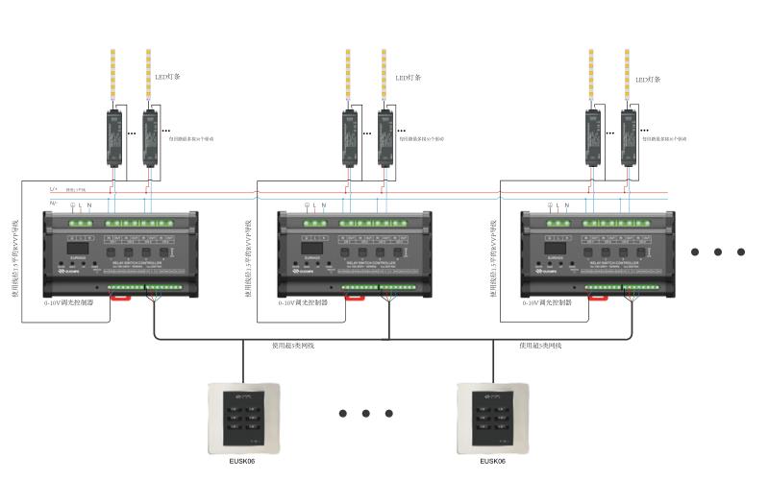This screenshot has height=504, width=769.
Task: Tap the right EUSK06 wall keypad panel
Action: [492, 420]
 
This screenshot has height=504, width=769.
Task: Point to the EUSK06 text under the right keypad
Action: [492, 462]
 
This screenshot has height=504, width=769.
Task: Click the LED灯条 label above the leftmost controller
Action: [168, 76]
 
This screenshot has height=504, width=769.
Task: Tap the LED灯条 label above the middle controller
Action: [408, 77]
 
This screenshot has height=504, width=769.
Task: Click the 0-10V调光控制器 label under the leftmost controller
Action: [68, 301]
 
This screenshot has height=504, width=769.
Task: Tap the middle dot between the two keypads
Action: [366, 414]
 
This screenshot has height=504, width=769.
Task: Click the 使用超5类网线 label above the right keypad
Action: [540, 345]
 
